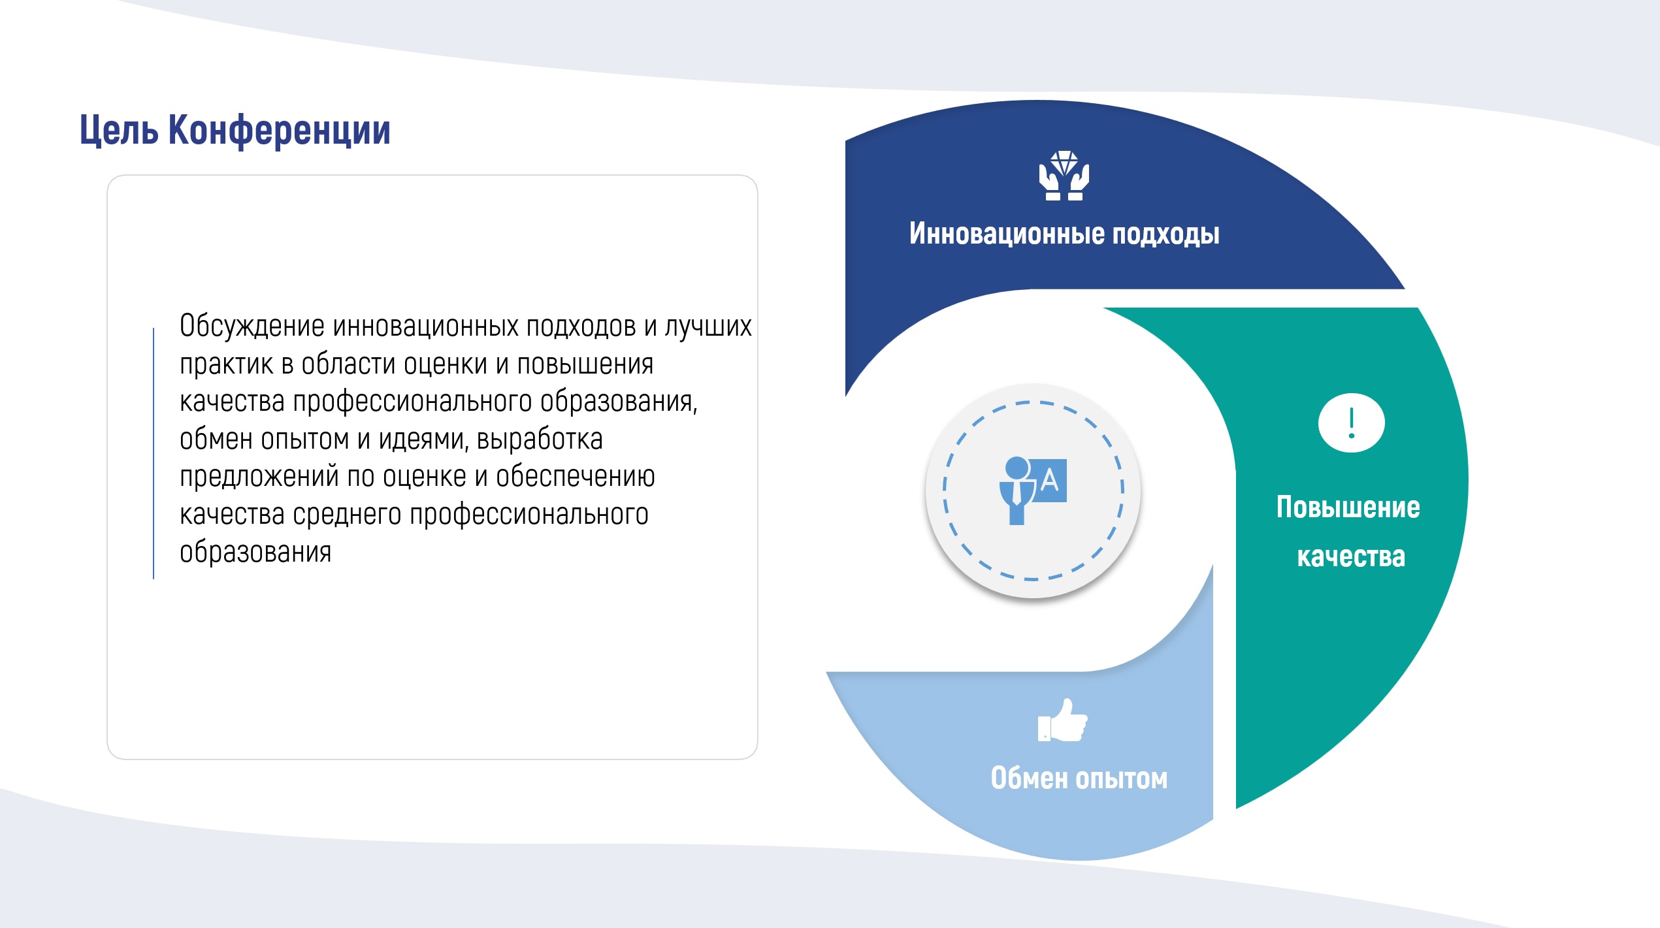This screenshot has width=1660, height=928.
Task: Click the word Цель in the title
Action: click(x=119, y=131)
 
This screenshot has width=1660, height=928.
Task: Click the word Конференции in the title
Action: click(x=280, y=129)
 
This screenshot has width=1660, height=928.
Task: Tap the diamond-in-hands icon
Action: click(x=1064, y=175)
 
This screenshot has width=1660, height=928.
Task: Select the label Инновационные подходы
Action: click(x=1064, y=234)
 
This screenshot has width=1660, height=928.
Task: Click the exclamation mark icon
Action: click(x=1351, y=423)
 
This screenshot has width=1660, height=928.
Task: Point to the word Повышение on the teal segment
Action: click(x=1348, y=507)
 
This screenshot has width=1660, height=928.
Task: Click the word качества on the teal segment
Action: click(x=1351, y=556)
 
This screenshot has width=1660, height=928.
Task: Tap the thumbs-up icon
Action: click(x=1063, y=720)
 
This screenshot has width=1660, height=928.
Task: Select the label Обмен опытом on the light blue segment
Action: click(x=1079, y=778)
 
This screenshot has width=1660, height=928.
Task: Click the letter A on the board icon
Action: click(x=1049, y=480)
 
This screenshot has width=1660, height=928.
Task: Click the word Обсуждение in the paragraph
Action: click(x=252, y=327)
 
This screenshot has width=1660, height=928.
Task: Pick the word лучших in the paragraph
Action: click(x=708, y=327)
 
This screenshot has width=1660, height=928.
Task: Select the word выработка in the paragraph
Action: click(x=540, y=440)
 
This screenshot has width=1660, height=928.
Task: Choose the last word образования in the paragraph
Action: click(x=255, y=552)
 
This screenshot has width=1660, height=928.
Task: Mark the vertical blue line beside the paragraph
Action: click(x=154, y=453)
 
